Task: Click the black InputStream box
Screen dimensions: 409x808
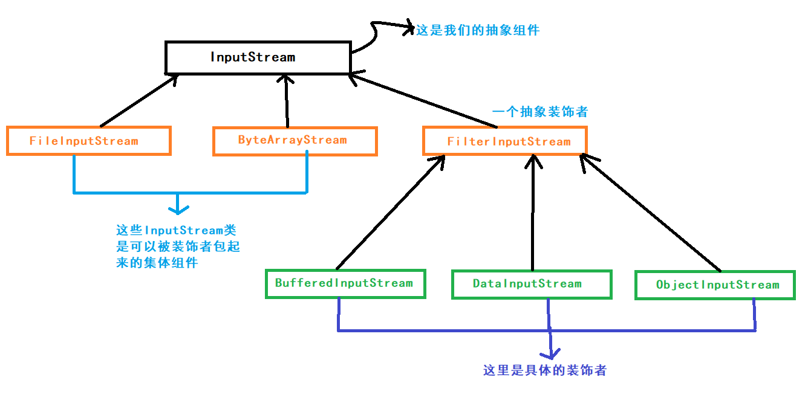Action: coord(258,57)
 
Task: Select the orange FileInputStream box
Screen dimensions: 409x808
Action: coord(89,141)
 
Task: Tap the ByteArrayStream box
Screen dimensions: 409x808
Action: coord(295,141)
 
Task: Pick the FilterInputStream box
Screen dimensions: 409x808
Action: coord(504,141)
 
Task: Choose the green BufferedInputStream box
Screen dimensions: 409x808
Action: coord(345,283)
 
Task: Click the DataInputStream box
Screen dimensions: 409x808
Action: coord(531,284)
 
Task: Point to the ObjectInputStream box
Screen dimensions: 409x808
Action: coord(714,285)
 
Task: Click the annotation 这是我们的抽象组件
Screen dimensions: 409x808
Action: coord(477,30)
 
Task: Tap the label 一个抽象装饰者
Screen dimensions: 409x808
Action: coord(540,112)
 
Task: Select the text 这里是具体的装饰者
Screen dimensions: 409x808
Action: coord(544,370)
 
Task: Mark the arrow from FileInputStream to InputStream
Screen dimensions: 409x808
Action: coord(138,100)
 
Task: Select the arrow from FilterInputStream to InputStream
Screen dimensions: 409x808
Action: coord(423,100)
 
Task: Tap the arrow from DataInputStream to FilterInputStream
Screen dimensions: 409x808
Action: coord(533,211)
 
